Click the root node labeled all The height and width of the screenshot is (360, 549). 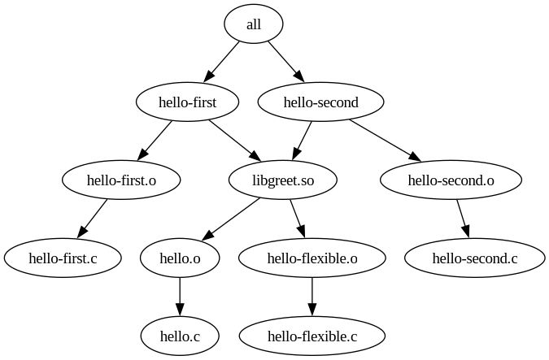pos(254,24)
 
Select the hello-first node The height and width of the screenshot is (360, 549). pos(187,102)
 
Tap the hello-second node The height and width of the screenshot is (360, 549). pos(320,102)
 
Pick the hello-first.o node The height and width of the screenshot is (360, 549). pos(121,180)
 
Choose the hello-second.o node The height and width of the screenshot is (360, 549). pos(451,180)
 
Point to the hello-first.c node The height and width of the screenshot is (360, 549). pos(63,258)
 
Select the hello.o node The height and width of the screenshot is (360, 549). pos(180,258)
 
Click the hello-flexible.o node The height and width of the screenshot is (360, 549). pos(312,258)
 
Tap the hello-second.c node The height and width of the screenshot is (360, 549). pos(475,258)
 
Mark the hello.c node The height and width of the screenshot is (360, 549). pos(180,336)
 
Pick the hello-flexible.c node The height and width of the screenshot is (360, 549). pos(312,336)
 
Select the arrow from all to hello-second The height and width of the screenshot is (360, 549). pos(285,62)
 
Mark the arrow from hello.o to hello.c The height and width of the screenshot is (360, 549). pos(180,297)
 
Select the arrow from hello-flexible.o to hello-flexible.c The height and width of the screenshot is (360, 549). pos(312,297)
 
